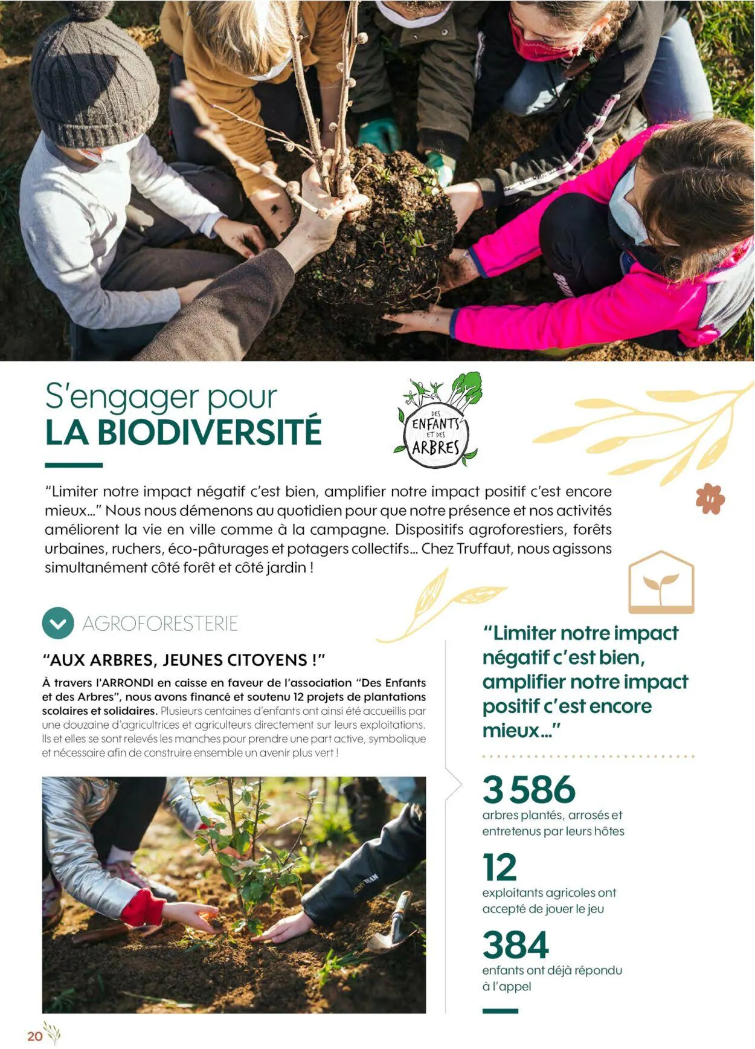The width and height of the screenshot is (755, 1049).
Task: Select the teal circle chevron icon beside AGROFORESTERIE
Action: (x=58, y=623)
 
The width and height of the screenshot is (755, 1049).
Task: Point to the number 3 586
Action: (x=528, y=789)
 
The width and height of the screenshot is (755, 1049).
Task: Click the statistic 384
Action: (x=515, y=945)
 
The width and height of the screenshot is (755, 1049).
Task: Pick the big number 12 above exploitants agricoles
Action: (x=500, y=868)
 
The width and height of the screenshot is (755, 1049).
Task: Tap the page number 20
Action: (x=34, y=1036)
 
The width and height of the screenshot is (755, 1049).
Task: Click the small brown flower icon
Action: (x=710, y=499)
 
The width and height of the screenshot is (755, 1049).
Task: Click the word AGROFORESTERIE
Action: (x=160, y=624)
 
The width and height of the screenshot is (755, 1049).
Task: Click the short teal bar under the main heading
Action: (x=74, y=465)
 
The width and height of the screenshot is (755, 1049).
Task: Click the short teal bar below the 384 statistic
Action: (x=500, y=1011)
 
